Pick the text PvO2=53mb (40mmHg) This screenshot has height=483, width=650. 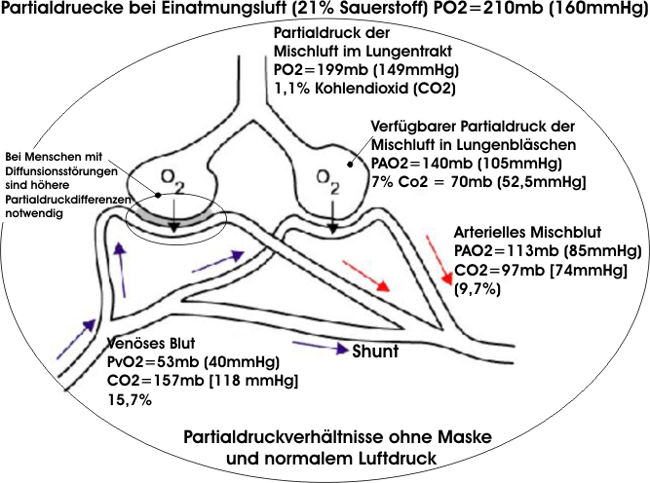[181, 362]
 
